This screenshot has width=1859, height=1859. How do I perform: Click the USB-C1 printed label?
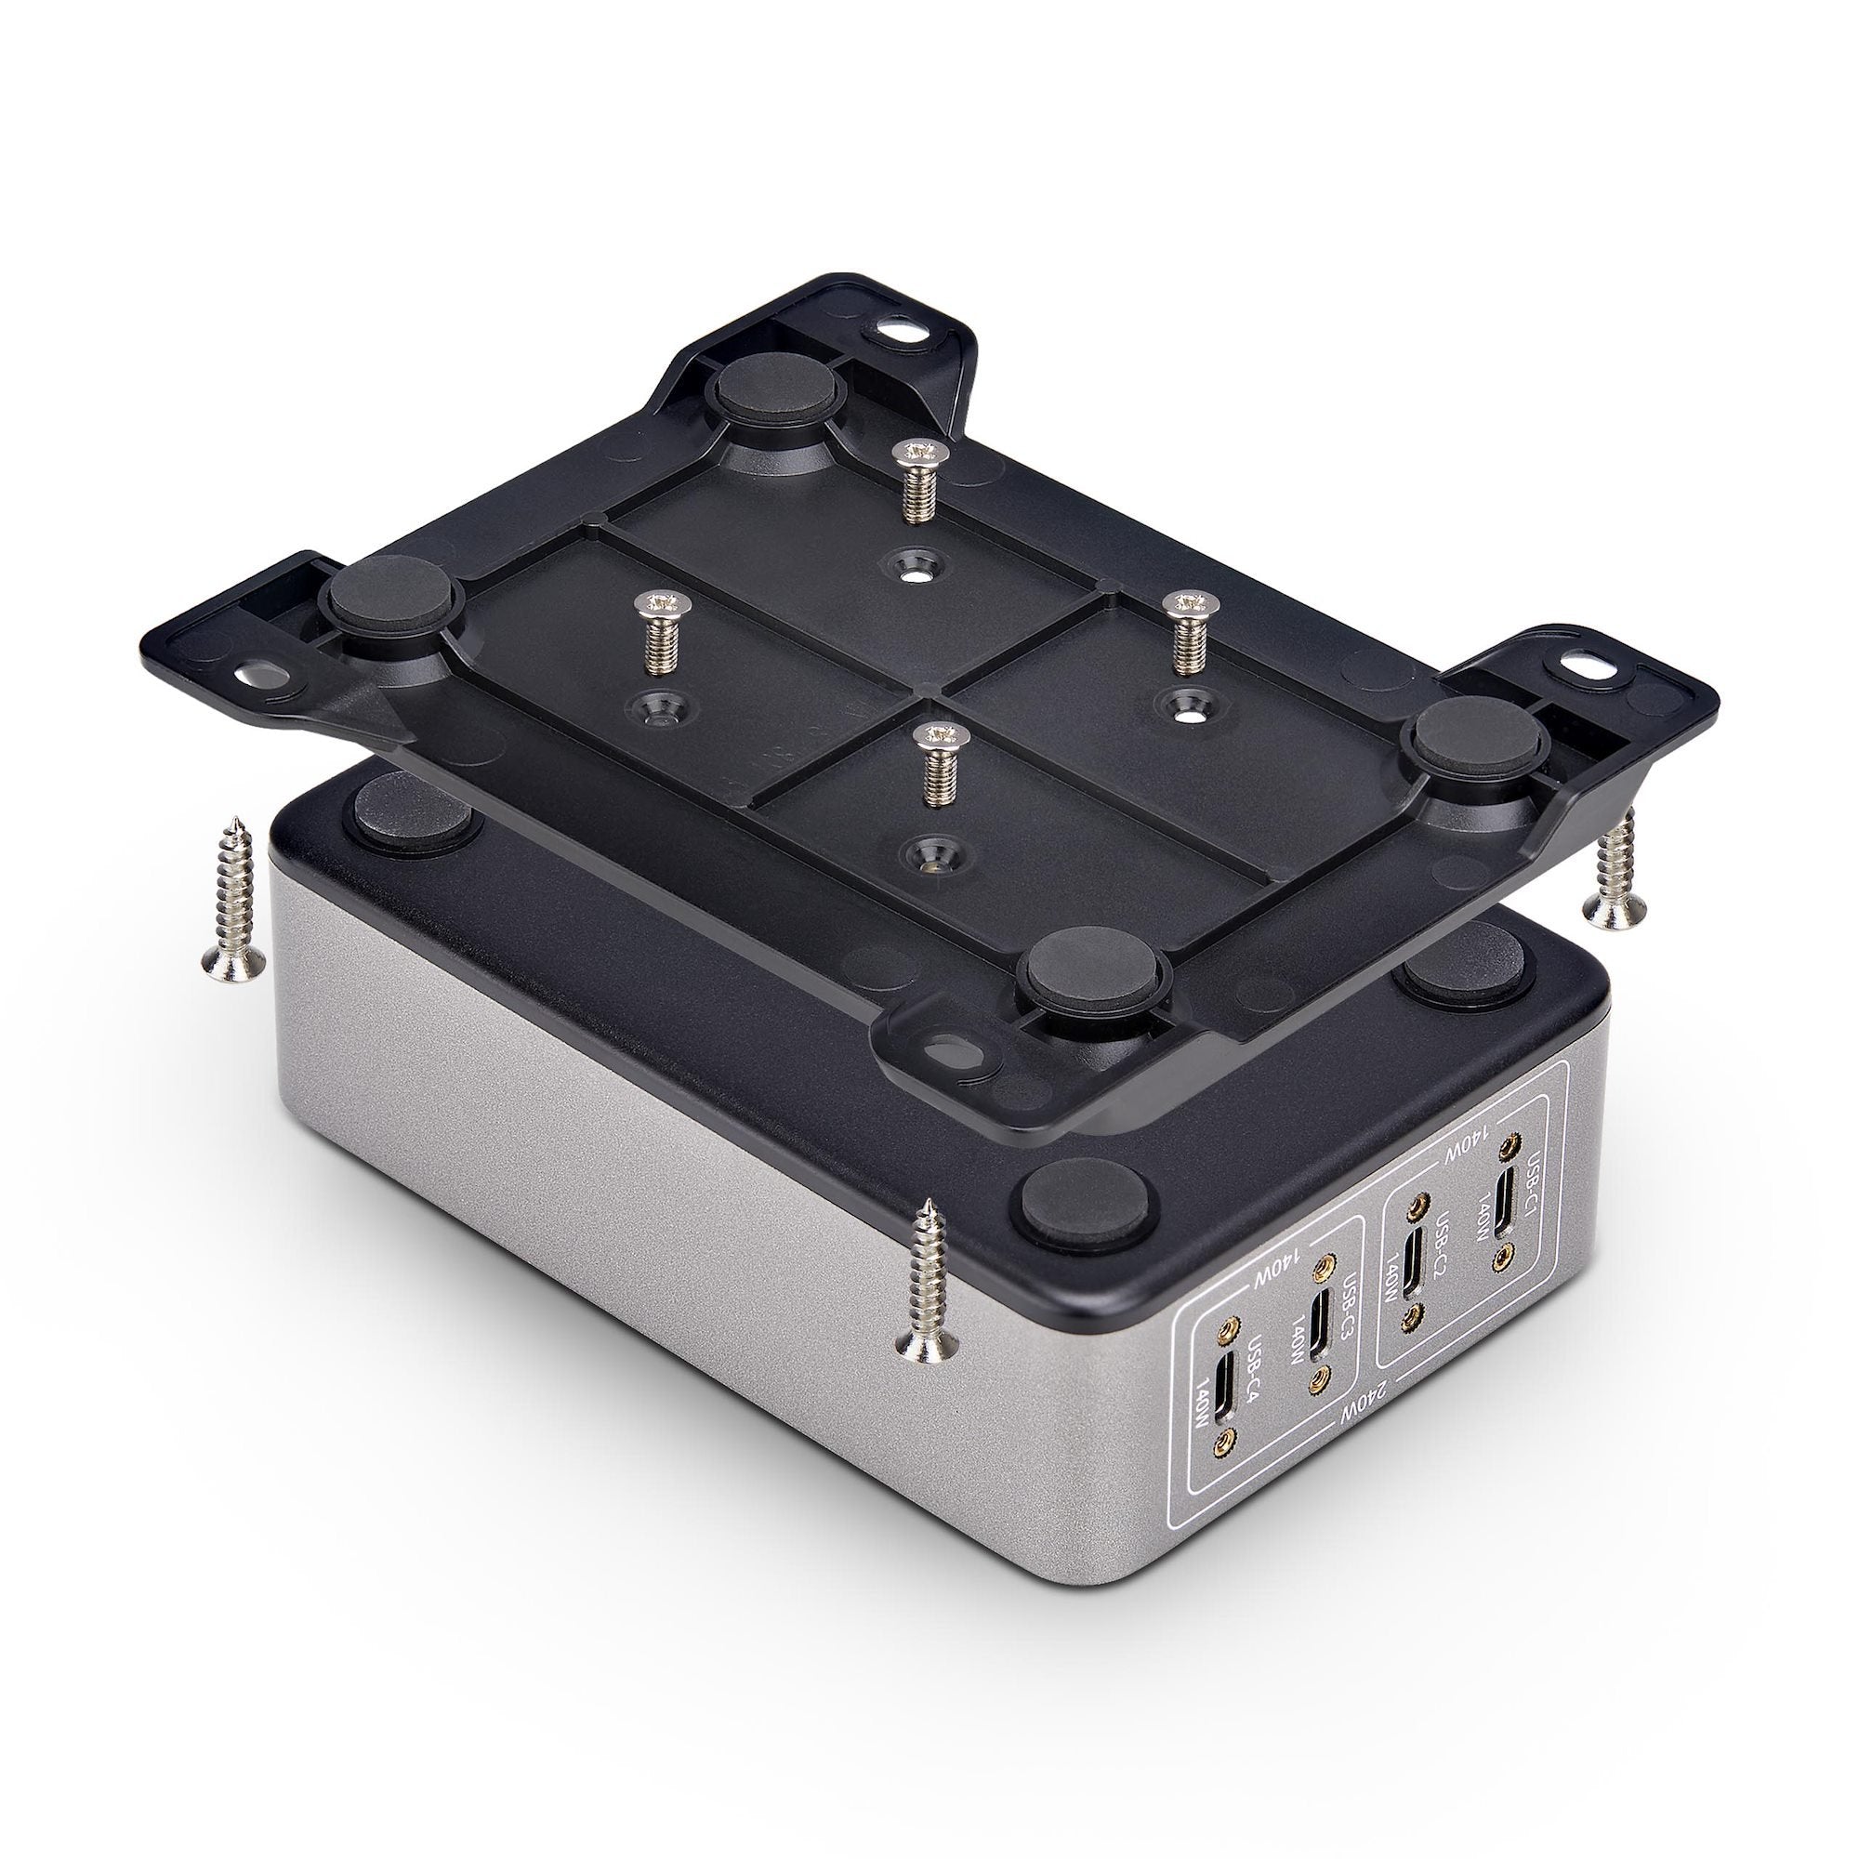click(x=1536, y=1173)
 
